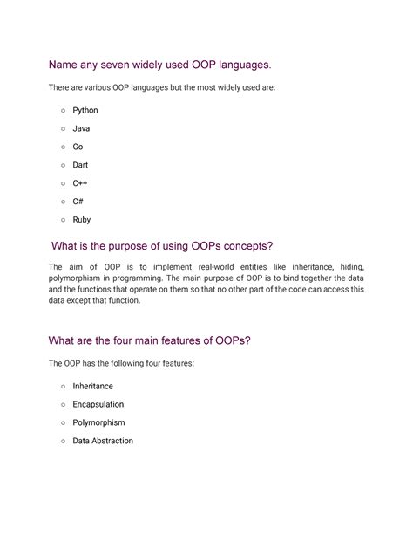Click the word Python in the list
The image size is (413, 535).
tap(85, 111)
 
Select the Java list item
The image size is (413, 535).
tap(81, 128)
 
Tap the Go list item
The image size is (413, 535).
tap(78, 147)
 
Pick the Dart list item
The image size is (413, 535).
tap(81, 165)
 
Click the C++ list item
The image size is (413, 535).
tap(80, 183)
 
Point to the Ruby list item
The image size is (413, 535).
tap(82, 220)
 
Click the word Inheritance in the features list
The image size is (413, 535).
tap(93, 386)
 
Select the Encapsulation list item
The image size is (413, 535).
tap(98, 404)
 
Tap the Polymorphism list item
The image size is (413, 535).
tap(98, 422)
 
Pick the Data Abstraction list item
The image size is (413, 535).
tap(103, 441)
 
